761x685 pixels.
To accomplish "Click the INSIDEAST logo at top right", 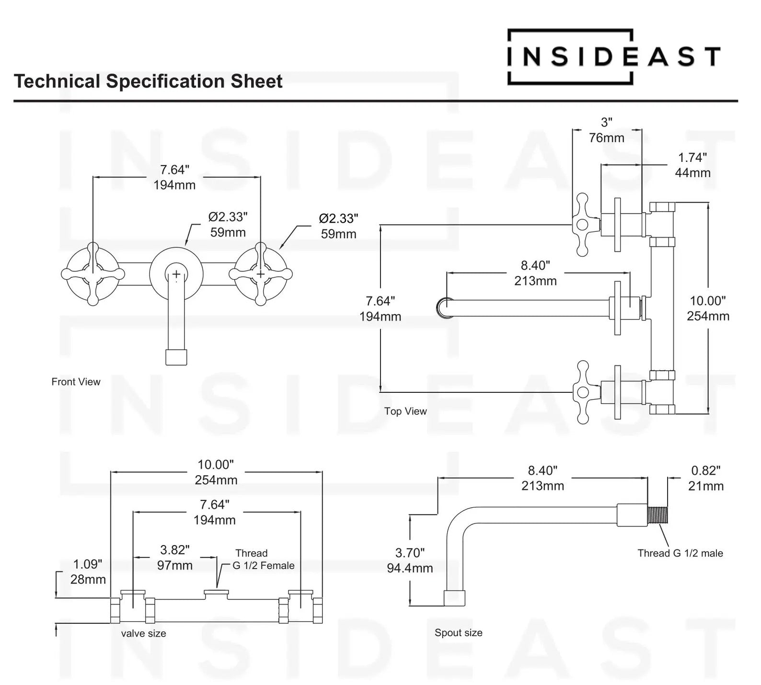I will [x=613, y=57].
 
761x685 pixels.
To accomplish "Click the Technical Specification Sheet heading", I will [x=148, y=81].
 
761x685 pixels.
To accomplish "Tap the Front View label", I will [x=76, y=382].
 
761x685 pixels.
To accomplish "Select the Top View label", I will [x=405, y=411].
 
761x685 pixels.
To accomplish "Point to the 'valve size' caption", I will [x=143, y=633].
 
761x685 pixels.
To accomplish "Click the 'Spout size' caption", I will [x=458, y=632].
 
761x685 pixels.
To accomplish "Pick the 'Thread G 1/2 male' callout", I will [x=680, y=553].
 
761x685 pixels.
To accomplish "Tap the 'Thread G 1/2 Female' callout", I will [x=263, y=559].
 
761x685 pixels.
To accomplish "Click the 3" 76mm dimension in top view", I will [x=607, y=130].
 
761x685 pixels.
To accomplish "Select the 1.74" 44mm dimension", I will [x=692, y=165].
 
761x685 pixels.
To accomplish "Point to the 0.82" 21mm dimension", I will [x=705, y=478].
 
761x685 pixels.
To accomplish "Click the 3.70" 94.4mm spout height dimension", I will [x=410, y=560].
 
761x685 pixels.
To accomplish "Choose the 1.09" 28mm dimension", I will [x=88, y=571].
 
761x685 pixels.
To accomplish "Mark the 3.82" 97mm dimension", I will [x=175, y=557].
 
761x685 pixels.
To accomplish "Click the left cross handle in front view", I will [x=93, y=274].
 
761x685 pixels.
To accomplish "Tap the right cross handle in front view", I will [x=260, y=274].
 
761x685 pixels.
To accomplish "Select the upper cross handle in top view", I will [x=584, y=224].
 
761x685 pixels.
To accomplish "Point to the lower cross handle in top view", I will [x=584, y=392].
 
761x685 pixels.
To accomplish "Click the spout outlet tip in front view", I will [x=176, y=357].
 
